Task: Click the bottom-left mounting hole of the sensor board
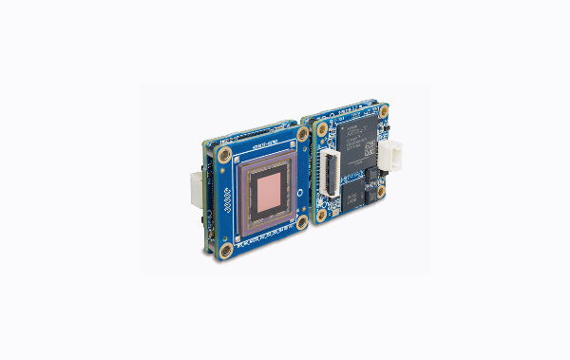tap(227, 250)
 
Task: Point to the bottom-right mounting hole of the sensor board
tap(302, 221)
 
